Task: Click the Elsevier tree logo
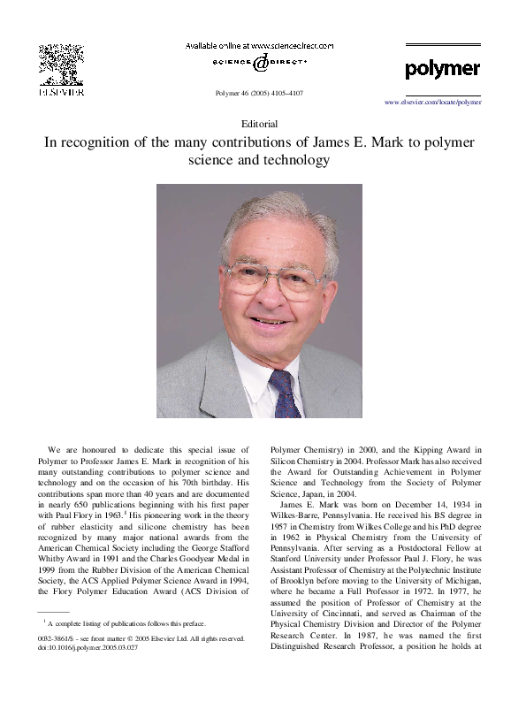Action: pyautogui.click(x=60, y=64)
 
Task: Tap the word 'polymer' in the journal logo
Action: pyautogui.click(x=442, y=69)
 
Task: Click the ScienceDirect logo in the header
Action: pyautogui.click(x=259, y=63)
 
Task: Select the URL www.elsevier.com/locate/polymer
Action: pyautogui.click(x=433, y=103)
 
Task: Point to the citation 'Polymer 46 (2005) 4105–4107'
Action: pyautogui.click(x=259, y=93)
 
